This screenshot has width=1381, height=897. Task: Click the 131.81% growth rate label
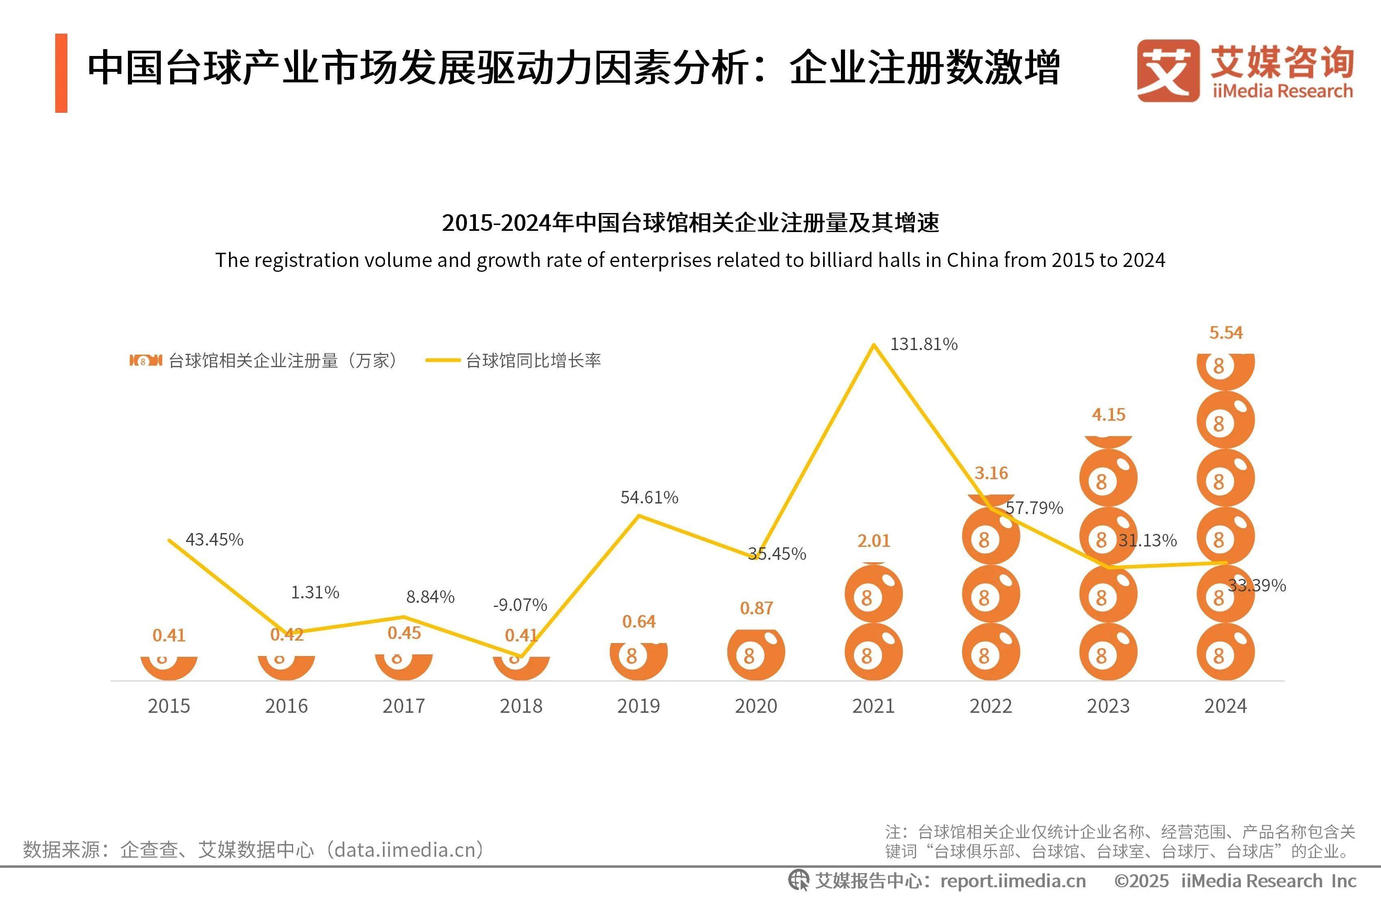pos(923,344)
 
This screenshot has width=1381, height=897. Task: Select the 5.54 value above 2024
pos(1225,333)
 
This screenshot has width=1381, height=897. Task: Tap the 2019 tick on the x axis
pos(638,706)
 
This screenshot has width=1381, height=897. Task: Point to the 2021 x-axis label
pos(873,706)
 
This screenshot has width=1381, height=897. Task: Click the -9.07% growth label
pos(520,605)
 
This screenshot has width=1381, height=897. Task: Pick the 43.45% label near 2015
pos(214,540)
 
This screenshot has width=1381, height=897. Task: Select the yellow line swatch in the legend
pos(443,361)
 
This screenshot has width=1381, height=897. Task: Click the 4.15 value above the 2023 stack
pos(1108,415)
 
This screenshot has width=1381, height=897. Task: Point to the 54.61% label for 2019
pos(649,497)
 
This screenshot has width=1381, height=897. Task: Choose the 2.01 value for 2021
pos(873,541)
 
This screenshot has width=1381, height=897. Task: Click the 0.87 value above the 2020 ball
pos(756,608)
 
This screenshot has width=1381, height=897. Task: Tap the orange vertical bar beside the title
pos(61,73)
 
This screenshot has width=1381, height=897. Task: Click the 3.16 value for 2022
pos(991,473)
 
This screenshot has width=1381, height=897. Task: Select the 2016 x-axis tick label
pos(286,706)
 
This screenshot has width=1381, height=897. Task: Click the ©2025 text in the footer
pos(1141,881)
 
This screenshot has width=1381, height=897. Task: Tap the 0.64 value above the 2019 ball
pos(639,622)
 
